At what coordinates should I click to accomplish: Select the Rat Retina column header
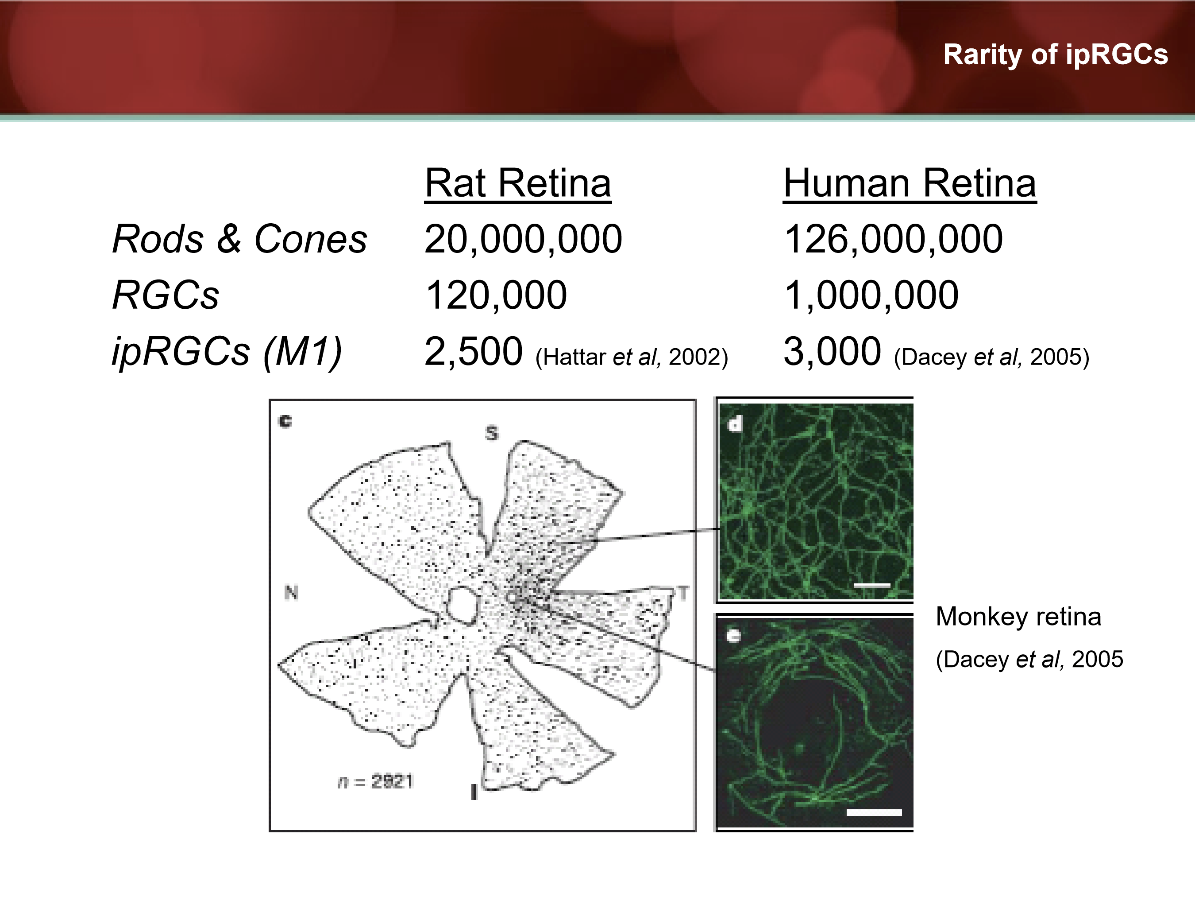517,183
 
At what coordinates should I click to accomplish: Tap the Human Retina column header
909,183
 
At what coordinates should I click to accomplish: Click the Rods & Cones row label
239,239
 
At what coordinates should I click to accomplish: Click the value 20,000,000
523,239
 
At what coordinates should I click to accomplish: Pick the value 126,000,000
893,239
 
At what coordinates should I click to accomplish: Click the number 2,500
473,351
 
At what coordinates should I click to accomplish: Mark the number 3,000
832,351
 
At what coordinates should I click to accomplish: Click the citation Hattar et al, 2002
632,357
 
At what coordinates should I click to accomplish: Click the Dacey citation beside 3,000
991,357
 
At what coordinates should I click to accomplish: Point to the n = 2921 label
375,781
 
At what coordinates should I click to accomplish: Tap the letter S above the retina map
491,433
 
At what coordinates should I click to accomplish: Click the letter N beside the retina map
291,593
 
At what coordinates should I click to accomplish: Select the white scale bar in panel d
871,585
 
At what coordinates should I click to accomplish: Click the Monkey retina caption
1018,617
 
